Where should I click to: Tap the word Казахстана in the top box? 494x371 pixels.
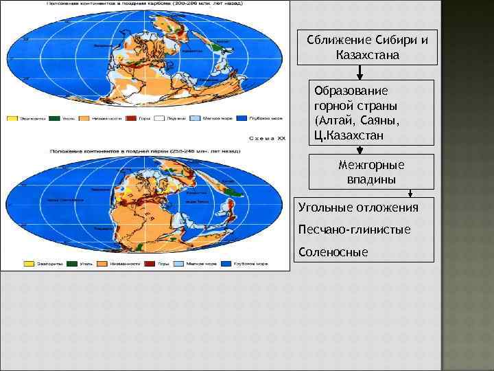pyautogui.click(x=367, y=54)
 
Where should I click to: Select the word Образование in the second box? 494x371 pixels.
pyautogui.click(x=351, y=91)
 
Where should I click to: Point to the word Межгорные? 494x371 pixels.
pyautogui.click(x=371, y=165)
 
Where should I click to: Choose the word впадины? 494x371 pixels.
pyautogui.click(x=371, y=179)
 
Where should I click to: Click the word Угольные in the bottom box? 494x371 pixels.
pyautogui.click(x=326, y=207)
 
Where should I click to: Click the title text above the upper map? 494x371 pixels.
pyautogui.click(x=144, y=5)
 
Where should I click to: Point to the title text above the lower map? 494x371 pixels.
pyautogui.click(x=144, y=148)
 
